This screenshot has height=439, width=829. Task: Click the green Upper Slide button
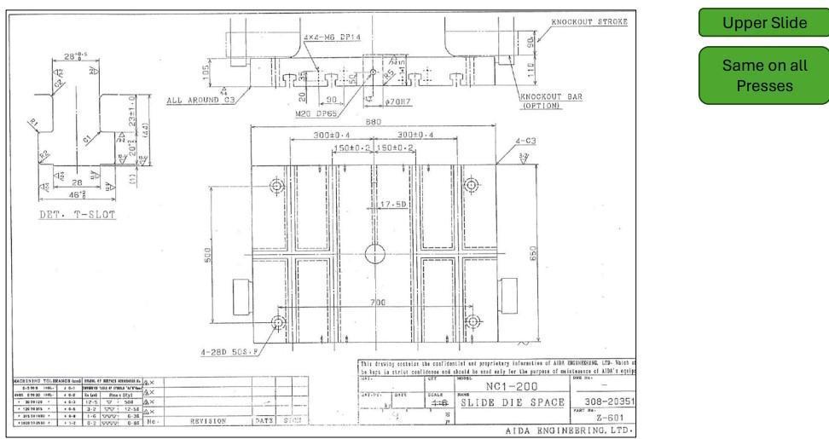tap(763, 23)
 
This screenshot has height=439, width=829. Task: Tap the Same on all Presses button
tap(763, 75)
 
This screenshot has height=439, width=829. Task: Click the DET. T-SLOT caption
tap(78, 215)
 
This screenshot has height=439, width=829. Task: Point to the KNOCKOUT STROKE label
tap(588, 21)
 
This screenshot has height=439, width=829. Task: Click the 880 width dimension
tap(373, 121)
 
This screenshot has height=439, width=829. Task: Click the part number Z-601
tap(602, 418)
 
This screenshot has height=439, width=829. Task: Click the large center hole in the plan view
tap(375, 253)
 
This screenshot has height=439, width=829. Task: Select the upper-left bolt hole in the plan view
tap(277, 187)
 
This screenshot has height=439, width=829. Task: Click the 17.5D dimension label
tap(396, 205)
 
